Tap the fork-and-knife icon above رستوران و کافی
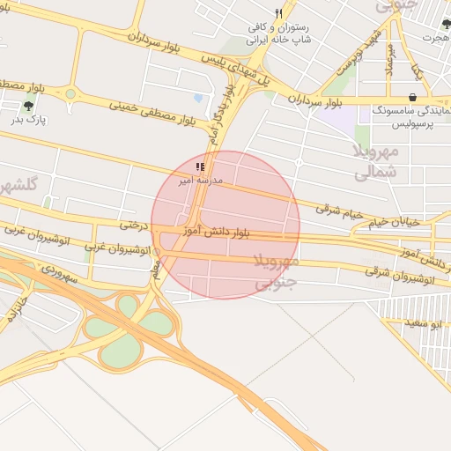[x=279, y=13]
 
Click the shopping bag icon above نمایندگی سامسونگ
[x=414, y=97]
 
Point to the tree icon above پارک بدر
[x=28, y=106]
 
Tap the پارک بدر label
[x=29, y=119]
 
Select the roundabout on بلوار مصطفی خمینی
[x=70, y=92]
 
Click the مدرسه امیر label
[x=201, y=180]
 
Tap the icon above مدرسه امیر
[x=201, y=166]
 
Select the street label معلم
[x=156, y=270]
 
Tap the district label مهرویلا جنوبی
[x=277, y=272]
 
